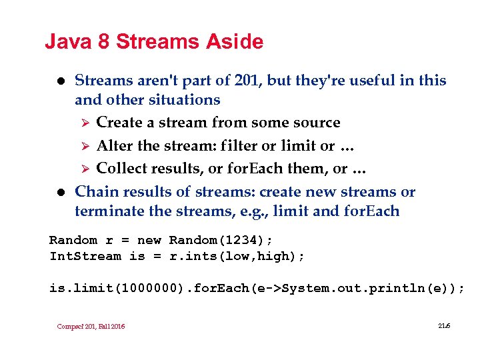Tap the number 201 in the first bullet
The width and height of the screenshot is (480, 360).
pos(249,81)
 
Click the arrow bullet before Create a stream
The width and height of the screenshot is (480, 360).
pos(83,123)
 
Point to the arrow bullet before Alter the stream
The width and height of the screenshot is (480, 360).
pos(83,146)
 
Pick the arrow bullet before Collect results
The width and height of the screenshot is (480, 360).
pos(83,169)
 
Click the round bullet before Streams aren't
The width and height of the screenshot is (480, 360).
pos(58,81)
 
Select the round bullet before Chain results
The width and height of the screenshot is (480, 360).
pos(58,193)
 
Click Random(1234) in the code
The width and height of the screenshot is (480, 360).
pos(221,240)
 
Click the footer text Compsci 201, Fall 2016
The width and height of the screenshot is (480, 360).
pos(91,326)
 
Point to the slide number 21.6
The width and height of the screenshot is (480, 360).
pos(445,325)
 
